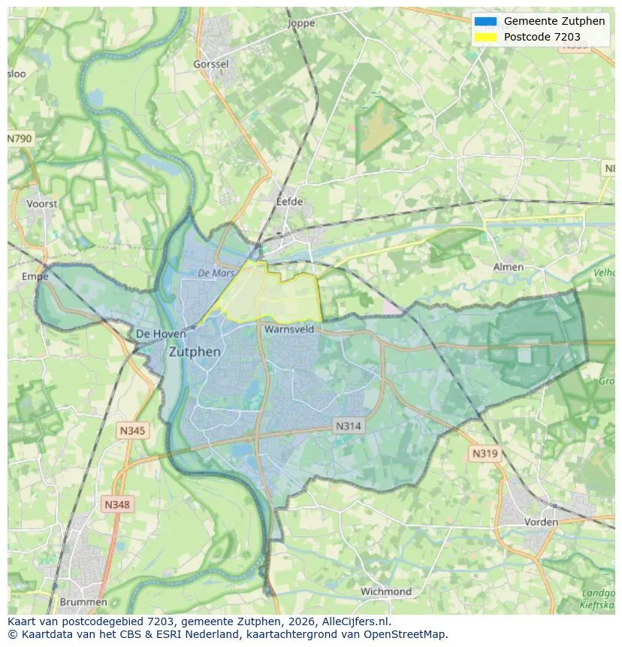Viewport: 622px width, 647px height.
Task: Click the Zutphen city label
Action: (195, 352)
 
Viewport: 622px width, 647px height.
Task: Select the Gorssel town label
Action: (210, 65)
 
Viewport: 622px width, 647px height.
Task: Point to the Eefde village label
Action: (289, 202)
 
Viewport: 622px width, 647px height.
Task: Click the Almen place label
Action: (508, 267)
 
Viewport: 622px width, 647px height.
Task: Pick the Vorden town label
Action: (540, 522)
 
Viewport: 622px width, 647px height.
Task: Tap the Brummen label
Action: (83, 602)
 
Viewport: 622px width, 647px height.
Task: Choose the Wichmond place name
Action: (385, 591)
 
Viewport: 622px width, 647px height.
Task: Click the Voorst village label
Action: (41, 204)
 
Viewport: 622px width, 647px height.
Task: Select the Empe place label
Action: (35, 277)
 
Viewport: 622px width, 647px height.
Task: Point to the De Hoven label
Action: (161, 334)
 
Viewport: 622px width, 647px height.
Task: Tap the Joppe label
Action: (301, 23)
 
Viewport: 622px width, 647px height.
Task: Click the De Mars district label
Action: (216, 274)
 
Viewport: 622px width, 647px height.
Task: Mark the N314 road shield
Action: (348, 426)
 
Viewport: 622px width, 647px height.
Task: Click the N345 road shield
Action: (132, 431)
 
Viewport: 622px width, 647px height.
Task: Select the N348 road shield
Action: (116, 505)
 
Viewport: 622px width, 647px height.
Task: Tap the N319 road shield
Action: (485, 453)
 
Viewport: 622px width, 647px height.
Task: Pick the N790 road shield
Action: (20, 139)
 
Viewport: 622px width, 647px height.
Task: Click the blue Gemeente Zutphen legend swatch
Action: (485, 21)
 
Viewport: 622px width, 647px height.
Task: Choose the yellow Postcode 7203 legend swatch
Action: (485, 37)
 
